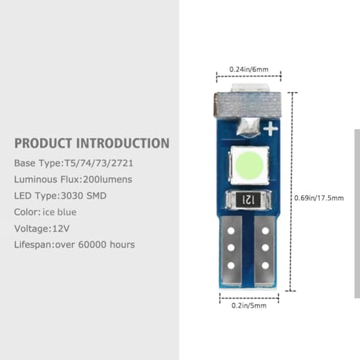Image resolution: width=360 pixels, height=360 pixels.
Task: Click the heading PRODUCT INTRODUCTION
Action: [92, 143]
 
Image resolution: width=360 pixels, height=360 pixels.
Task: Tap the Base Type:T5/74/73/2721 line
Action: [73, 163]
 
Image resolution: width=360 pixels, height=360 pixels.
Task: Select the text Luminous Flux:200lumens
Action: [73, 179]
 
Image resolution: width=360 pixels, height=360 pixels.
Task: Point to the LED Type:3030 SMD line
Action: [60, 196]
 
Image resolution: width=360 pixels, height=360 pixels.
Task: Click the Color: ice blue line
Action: [45, 212]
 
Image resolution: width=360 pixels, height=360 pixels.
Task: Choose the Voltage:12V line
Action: [42, 228]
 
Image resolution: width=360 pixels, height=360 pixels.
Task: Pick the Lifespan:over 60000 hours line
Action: [74, 245]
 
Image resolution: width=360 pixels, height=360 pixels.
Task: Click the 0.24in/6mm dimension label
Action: [249, 69]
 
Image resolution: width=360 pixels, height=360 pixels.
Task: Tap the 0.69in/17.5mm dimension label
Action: [319, 198]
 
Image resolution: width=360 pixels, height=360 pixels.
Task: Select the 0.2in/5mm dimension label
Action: [249, 305]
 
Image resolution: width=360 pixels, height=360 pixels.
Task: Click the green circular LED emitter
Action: [249, 165]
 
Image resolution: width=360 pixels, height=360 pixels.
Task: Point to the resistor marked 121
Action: [248, 199]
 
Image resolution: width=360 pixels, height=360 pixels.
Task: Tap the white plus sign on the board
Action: [271, 128]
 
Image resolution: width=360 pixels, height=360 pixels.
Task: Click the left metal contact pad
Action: [231, 251]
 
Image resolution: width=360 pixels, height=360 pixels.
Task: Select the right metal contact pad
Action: [265, 251]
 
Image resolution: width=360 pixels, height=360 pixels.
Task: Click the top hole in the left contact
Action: [231, 231]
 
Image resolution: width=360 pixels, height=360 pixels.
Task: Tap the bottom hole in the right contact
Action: [265, 266]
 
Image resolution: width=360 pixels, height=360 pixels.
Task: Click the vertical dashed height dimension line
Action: [292, 192]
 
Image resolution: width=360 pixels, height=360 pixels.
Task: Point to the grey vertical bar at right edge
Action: [357, 214]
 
